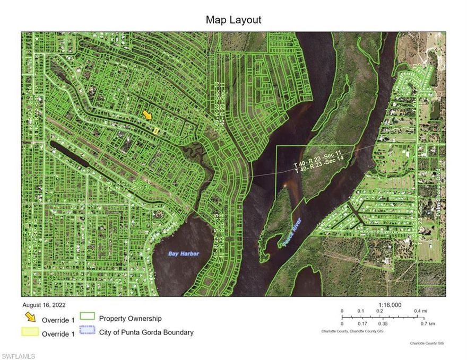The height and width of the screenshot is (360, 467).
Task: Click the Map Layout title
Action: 233,20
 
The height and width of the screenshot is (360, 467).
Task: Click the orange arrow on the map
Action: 148,115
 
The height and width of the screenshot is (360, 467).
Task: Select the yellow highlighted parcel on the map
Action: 155,130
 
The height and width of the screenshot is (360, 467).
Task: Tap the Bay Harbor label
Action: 184,254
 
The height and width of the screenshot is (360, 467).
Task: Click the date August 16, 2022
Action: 44,305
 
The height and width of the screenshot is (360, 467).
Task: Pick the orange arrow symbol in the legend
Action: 31,318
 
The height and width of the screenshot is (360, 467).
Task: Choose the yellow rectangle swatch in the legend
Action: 31,332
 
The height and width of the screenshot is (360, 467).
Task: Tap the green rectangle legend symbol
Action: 88,317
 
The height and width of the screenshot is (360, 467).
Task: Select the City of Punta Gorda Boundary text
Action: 146,332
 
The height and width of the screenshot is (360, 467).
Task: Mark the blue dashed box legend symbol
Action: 88,331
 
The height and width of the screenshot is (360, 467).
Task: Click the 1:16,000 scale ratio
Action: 390,305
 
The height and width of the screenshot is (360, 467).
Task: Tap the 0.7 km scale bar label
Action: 428,323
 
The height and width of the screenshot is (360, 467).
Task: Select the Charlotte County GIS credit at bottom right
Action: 427,344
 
